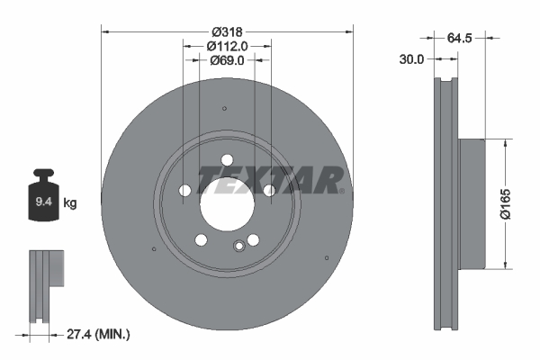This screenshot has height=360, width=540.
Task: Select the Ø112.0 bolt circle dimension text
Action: (x=227, y=46)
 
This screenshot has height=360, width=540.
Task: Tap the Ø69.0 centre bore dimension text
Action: (x=227, y=60)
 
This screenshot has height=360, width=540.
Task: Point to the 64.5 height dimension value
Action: (x=460, y=38)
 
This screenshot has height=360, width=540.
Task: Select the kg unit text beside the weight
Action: (x=70, y=203)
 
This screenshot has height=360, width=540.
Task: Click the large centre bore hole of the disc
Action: (x=227, y=202)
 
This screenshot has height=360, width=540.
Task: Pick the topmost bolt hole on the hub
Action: (x=227, y=161)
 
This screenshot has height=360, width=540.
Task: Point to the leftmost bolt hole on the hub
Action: (x=185, y=191)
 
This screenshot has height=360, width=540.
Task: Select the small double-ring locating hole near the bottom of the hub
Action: (x=238, y=247)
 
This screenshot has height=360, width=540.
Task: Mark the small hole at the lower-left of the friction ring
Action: (x=155, y=248)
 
